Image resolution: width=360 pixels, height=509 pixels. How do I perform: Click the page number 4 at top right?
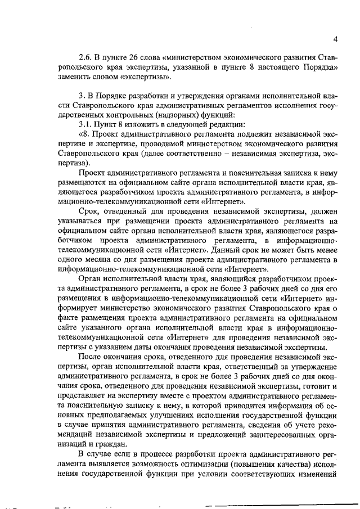pyautogui.click(x=335, y=39)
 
